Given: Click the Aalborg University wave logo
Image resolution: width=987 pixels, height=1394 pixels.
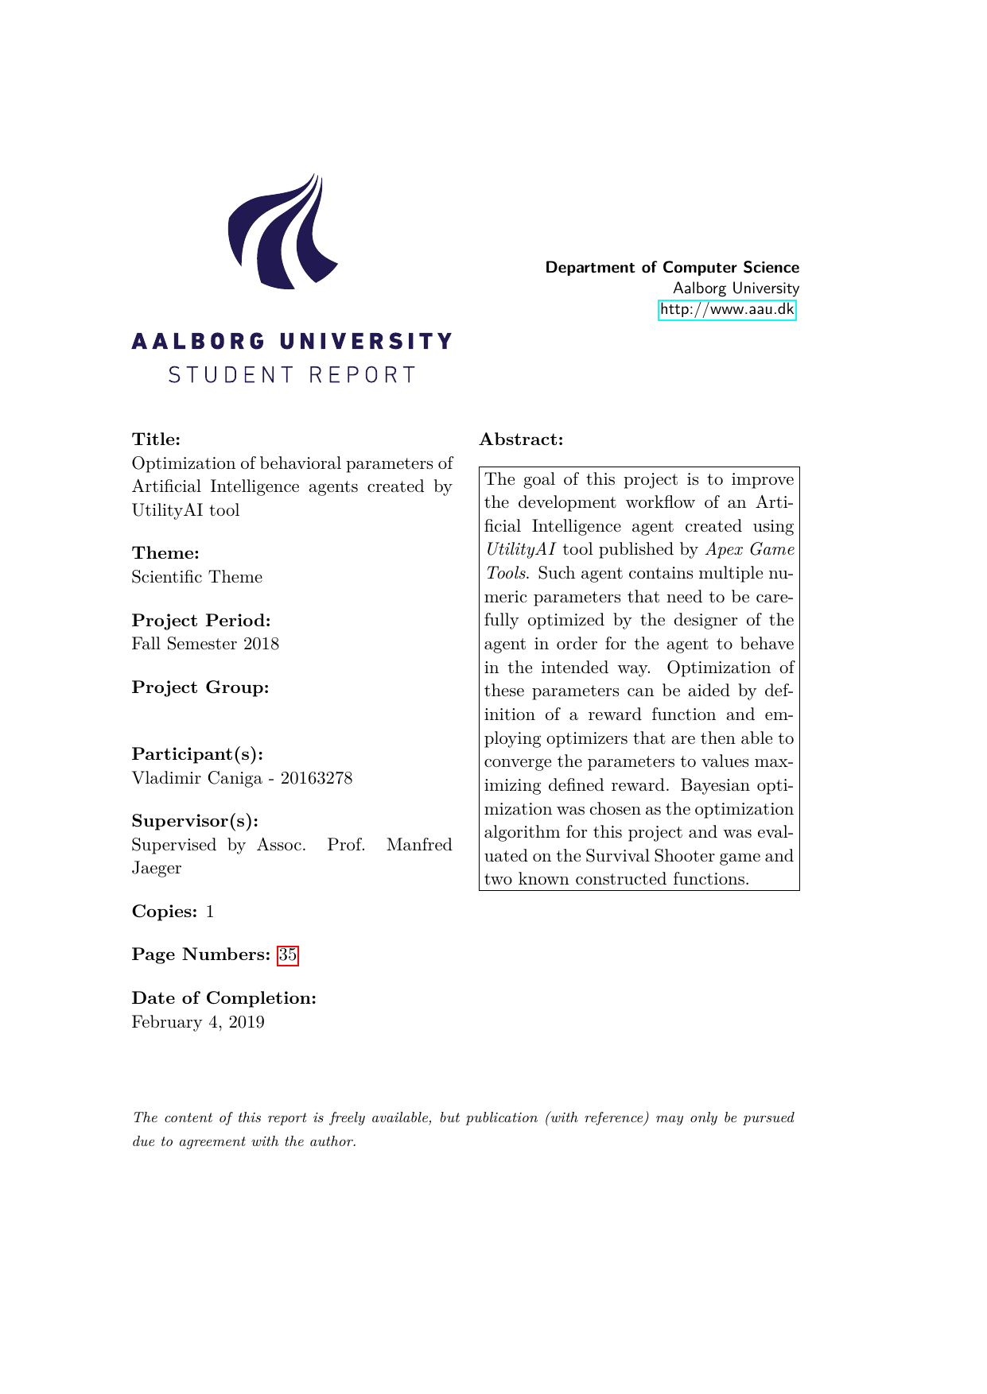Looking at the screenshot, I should click(x=282, y=232).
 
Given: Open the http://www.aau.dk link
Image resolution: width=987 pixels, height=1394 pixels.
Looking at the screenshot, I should click(x=727, y=309).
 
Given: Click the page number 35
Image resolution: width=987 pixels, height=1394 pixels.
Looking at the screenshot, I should click(x=287, y=955).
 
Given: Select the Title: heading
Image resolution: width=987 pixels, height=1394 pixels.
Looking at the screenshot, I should click(x=156, y=439).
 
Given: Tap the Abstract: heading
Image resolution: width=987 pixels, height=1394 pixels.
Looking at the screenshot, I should click(x=521, y=439).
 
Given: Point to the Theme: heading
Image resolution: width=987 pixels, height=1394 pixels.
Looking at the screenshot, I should click(x=165, y=553).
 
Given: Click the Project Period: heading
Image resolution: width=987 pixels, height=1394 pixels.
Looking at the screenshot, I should click(x=201, y=620).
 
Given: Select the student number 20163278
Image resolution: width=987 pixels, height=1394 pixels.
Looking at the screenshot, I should click(x=316, y=777).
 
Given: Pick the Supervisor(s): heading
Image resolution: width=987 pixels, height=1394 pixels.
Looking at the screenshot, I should click(x=195, y=821).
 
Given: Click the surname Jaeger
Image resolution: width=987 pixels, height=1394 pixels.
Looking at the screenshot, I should click(x=157, y=868).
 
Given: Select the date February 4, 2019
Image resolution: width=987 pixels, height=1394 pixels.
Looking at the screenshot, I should click(x=198, y=1022).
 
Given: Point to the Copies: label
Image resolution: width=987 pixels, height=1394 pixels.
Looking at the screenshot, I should click(x=164, y=912).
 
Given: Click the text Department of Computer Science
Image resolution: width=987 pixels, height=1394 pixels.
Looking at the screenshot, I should click(x=672, y=267).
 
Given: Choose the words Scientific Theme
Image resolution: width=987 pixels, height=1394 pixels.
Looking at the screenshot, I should click(x=197, y=577).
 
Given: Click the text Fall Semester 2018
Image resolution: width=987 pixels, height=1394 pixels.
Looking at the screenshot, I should click(x=205, y=644).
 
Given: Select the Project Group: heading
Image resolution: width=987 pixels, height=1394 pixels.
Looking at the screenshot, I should click(x=200, y=687).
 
